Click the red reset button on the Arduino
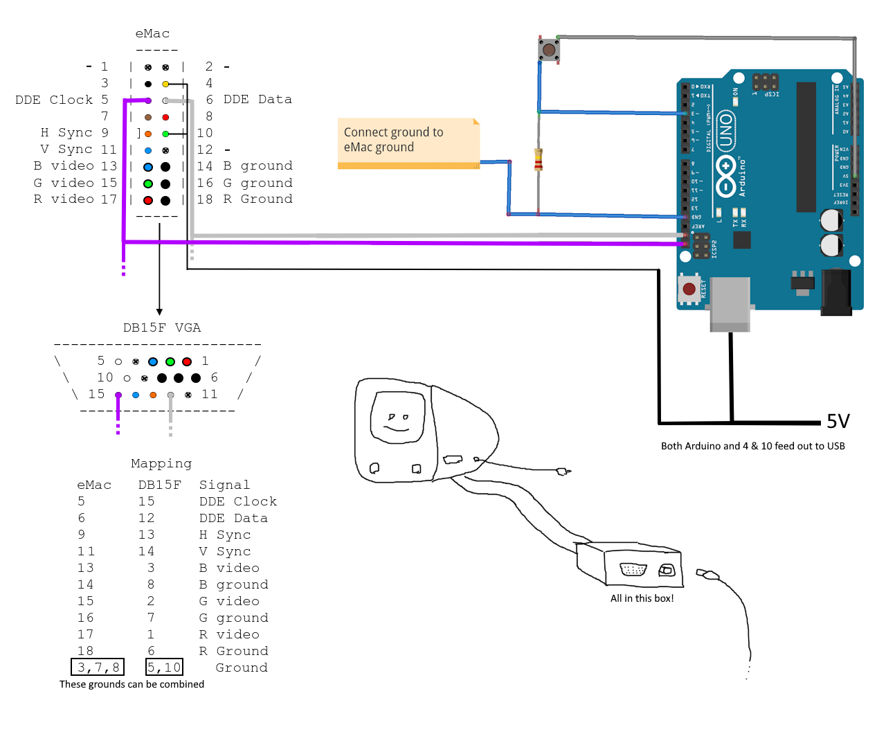[x=689, y=289]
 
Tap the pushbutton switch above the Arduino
[x=549, y=50]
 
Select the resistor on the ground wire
[x=538, y=159]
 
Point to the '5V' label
[x=838, y=422]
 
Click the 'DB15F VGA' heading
[x=162, y=328]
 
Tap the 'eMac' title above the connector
[x=152, y=33]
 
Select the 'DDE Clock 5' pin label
[x=62, y=100]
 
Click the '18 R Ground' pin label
[x=244, y=199]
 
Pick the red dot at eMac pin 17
[x=148, y=201]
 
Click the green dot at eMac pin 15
[x=148, y=184]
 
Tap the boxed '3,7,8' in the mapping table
[x=98, y=668]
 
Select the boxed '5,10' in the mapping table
[x=164, y=668]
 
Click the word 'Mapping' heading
[x=161, y=463]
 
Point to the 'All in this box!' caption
[x=642, y=598]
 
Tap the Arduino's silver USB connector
[x=730, y=301]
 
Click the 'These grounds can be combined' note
[x=132, y=684]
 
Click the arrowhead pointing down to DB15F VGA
[x=159, y=312]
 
